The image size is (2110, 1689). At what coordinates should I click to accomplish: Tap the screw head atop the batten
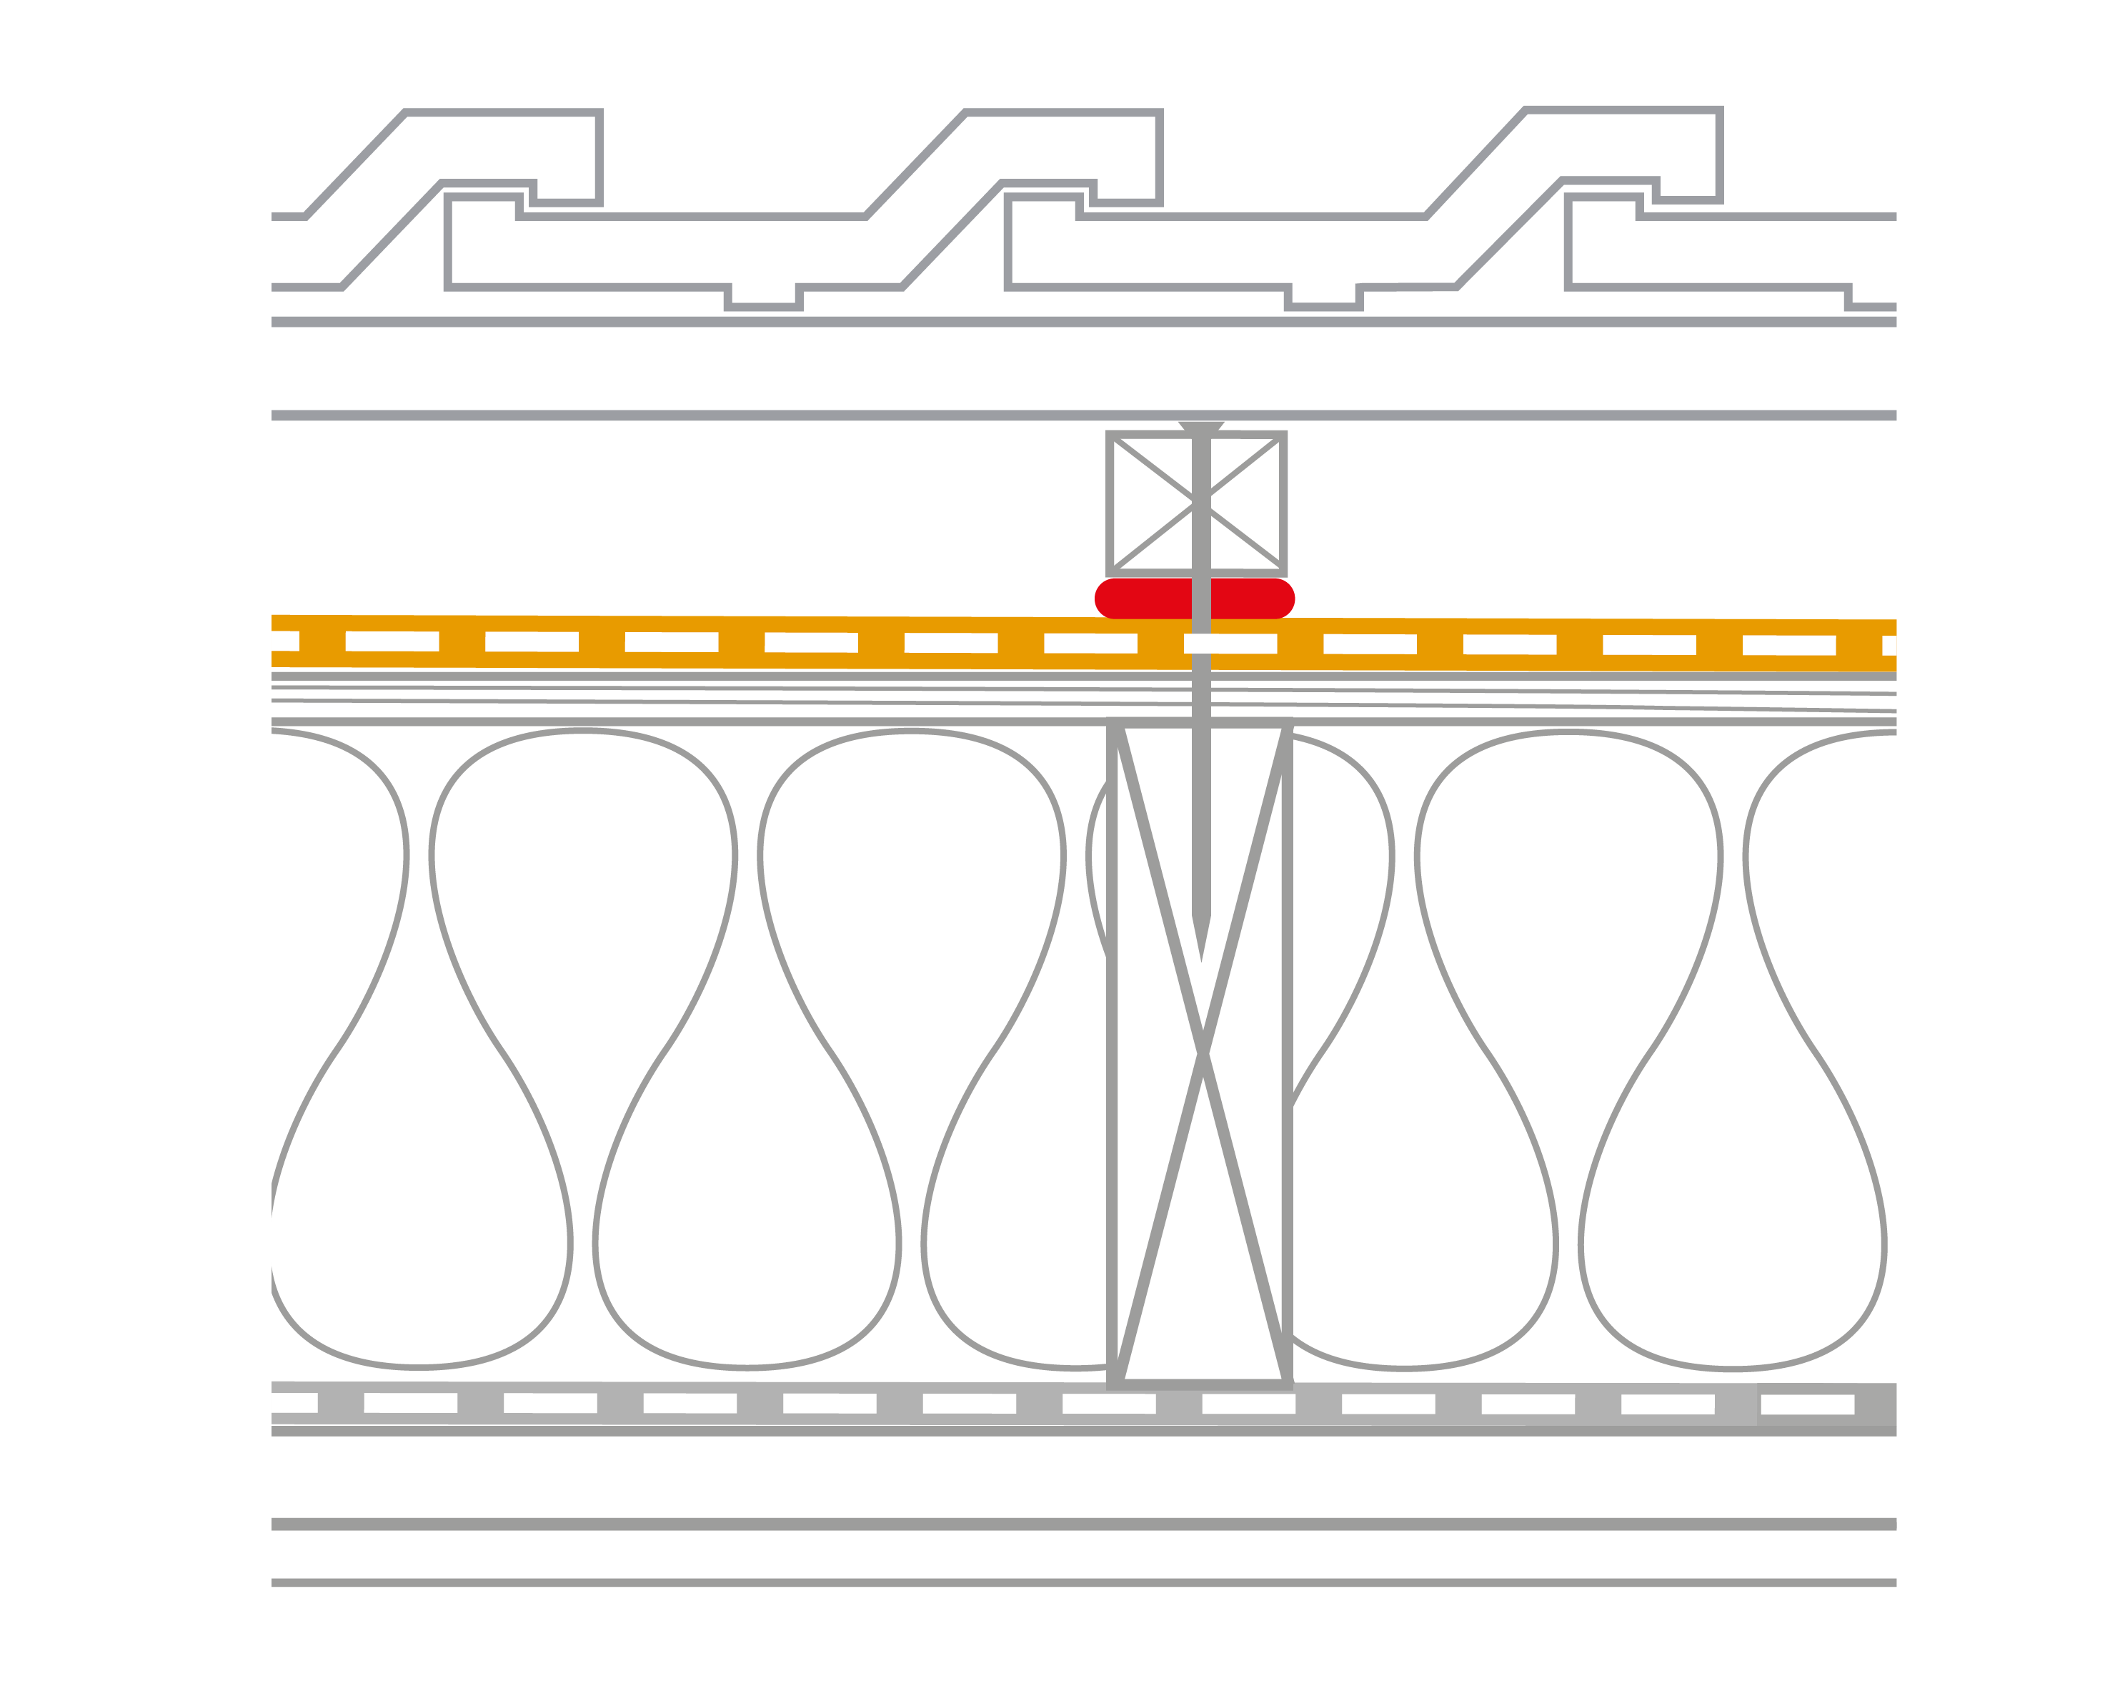point(1201,427)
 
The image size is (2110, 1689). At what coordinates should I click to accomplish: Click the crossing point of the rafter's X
point(1203,1053)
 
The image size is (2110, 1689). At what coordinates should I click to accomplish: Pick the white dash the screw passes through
point(1230,644)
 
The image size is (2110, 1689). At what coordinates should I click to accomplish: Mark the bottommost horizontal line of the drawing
point(1077,1582)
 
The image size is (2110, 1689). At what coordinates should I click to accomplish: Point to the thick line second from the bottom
point(1077,1524)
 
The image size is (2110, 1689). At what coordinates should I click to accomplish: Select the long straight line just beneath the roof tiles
point(1077,321)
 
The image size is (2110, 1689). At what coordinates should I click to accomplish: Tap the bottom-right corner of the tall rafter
point(1287,1384)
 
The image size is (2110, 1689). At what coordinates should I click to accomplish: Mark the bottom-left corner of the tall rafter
point(1113,1384)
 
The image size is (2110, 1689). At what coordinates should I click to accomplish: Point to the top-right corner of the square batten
point(1283,435)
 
